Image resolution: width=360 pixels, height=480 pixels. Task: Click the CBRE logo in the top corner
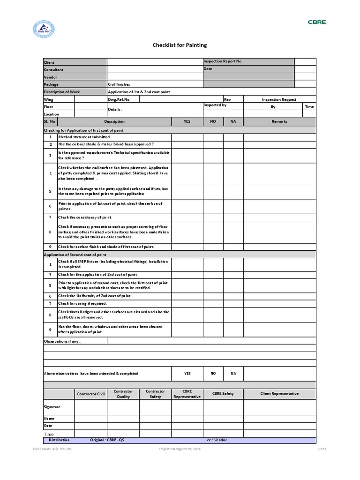(x=316, y=22)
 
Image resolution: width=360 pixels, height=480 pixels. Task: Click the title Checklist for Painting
(x=180, y=45)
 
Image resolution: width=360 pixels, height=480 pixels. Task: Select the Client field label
(x=49, y=62)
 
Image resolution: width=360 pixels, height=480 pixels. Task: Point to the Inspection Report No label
(x=222, y=61)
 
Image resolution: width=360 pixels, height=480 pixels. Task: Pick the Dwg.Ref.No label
(x=119, y=99)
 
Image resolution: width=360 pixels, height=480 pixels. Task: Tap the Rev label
(x=227, y=99)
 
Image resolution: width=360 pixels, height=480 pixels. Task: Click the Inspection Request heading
(x=279, y=99)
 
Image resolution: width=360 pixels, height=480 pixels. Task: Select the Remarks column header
(x=279, y=121)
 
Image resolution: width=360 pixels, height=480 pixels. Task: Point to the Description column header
(x=114, y=121)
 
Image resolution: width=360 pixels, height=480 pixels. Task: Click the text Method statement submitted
(x=84, y=137)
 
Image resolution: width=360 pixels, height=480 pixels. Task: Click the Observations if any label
(x=62, y=341)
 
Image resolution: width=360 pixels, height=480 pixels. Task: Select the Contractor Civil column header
(x=91, y=394)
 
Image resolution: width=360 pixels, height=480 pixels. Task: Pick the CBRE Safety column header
(x=223, y=394)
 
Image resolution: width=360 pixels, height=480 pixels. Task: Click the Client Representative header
(x=279, y=394)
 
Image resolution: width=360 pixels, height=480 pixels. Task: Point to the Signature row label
(x=52, y=407)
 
